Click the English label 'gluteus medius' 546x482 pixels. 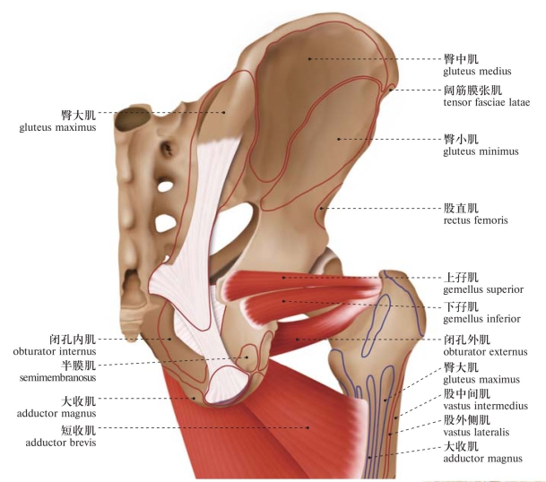[476, 71]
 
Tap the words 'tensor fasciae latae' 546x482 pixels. [486, 102]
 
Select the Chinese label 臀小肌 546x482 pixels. [461, 140]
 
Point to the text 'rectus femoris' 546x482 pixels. [475, 219]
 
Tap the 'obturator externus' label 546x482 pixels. [485, 351]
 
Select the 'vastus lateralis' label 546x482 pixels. [476, 432]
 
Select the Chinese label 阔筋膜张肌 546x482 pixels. [472, 90]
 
